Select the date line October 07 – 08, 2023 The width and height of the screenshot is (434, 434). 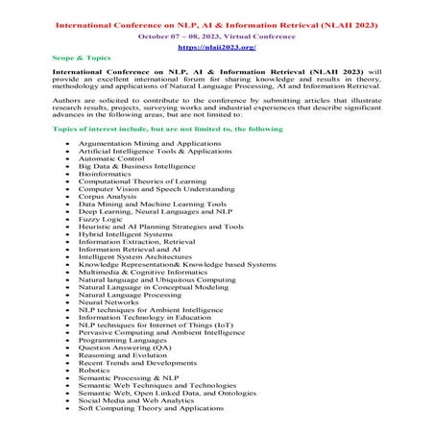point(217,30)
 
